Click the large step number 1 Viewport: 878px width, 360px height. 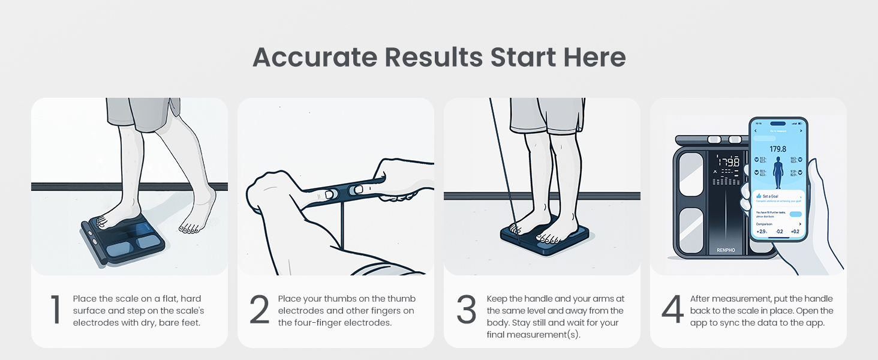55,310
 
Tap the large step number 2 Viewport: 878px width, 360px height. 260,310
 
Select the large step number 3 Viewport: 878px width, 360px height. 467,310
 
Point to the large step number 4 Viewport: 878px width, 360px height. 673,310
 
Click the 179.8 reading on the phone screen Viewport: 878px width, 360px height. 778,149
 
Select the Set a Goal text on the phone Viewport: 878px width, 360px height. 771,196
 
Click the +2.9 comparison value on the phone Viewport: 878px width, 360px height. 762,231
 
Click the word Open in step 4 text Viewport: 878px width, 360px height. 807,311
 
